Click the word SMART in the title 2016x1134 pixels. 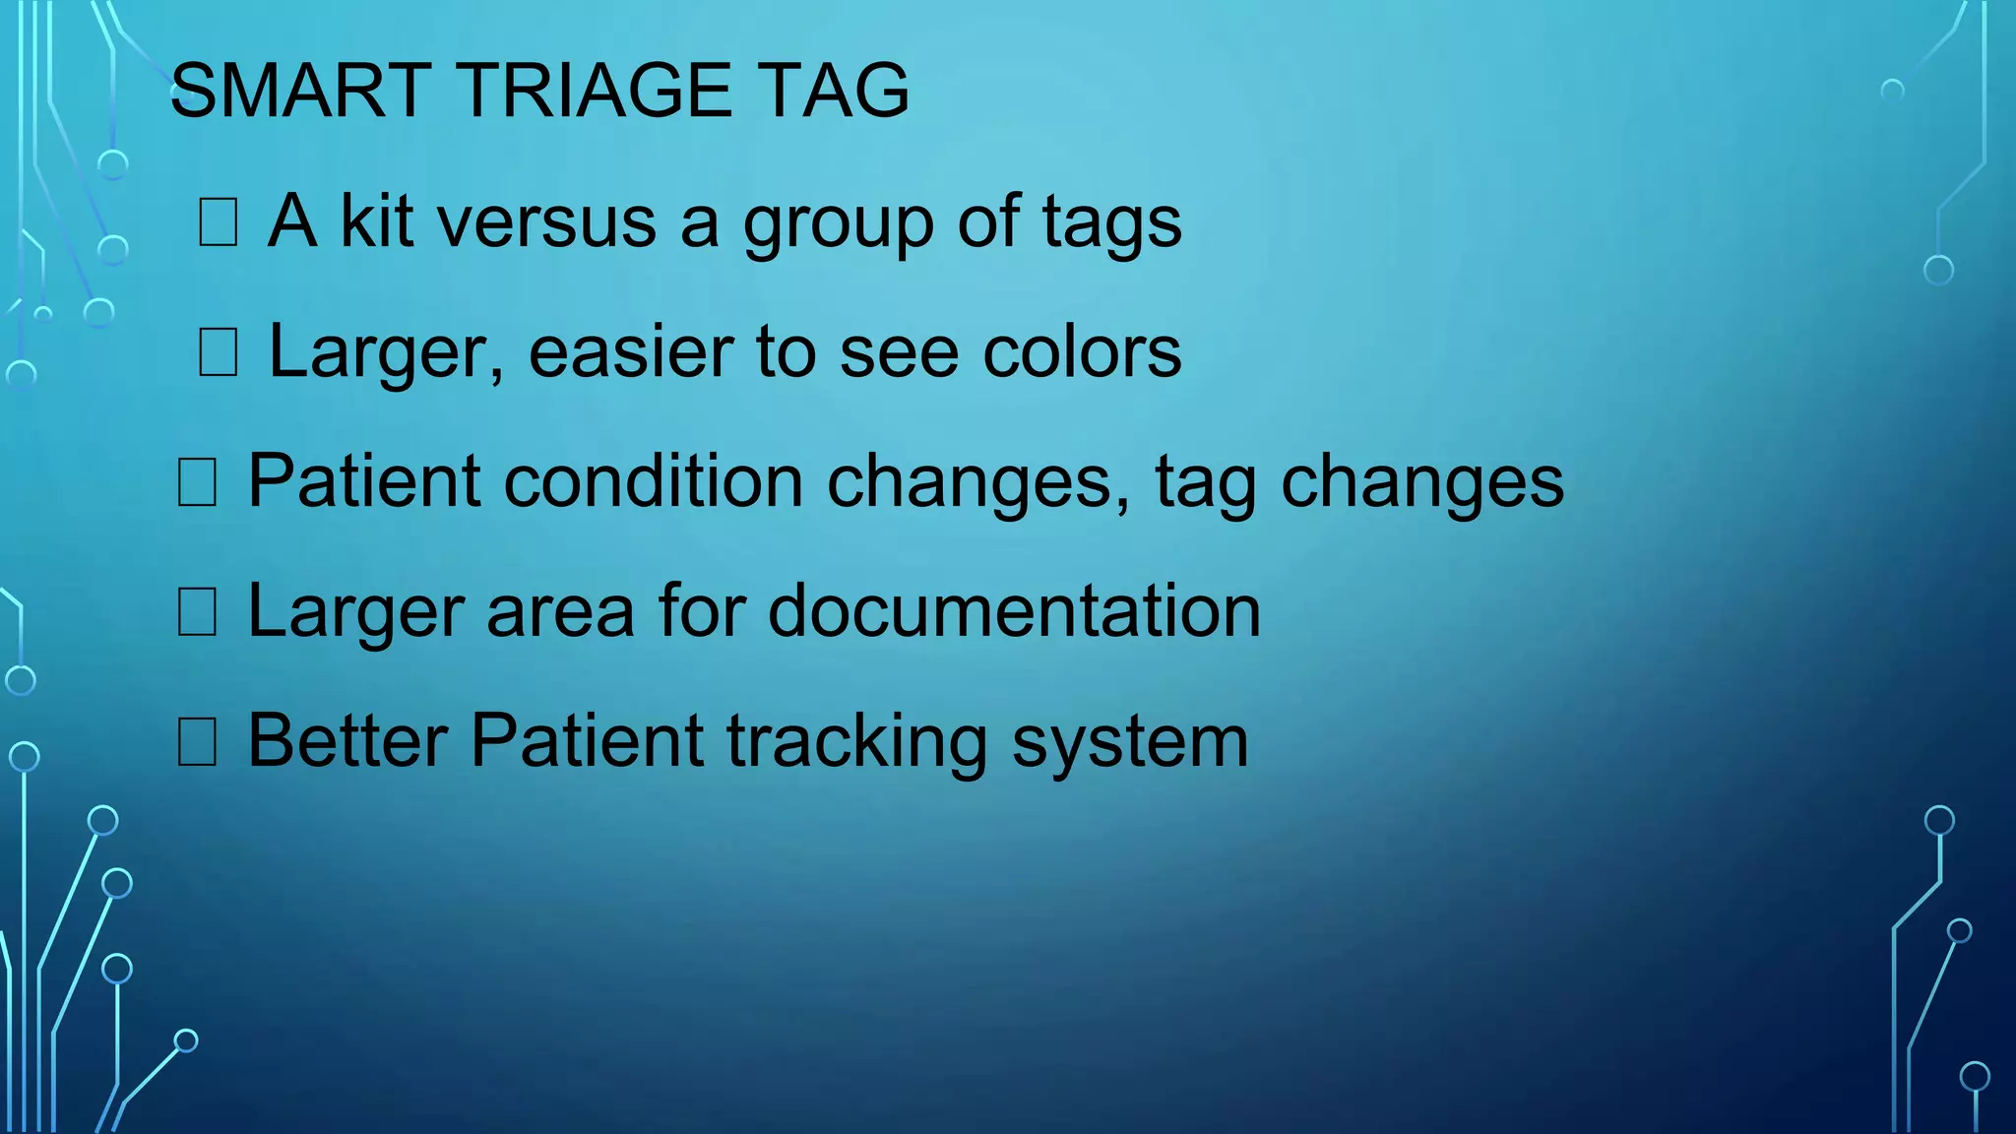[300, 91]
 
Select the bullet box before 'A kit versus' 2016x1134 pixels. [218, 222]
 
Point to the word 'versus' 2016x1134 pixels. [547, 222]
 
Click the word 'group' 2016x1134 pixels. [838, 226]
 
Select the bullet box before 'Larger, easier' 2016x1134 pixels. [218, 352]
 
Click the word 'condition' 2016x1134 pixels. [654, 481]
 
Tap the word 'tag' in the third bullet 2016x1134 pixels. [1205, 484]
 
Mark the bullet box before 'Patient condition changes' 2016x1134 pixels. [197, 482]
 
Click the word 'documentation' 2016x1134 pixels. [1014, 611]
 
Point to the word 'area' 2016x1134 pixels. [560, 613]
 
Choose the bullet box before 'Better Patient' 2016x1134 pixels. [197, 742]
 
